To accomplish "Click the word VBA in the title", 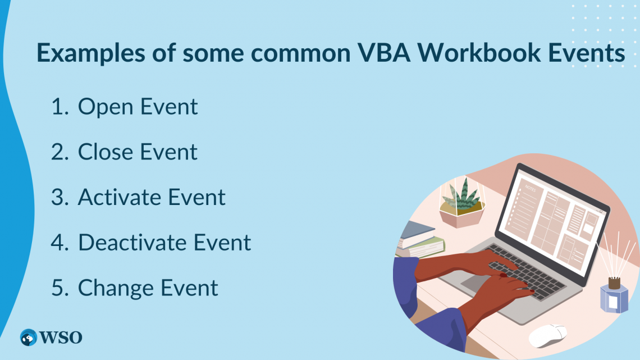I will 381,53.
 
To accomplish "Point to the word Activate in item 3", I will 119,197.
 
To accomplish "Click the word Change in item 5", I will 115,288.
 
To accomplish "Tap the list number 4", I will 58,243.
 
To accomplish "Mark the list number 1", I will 58,107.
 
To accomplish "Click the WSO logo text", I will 61,337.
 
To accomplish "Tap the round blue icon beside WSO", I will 28,337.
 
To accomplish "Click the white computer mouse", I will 548,335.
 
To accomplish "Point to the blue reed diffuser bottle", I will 614,297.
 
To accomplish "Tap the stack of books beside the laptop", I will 418,240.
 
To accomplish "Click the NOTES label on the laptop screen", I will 531,189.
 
